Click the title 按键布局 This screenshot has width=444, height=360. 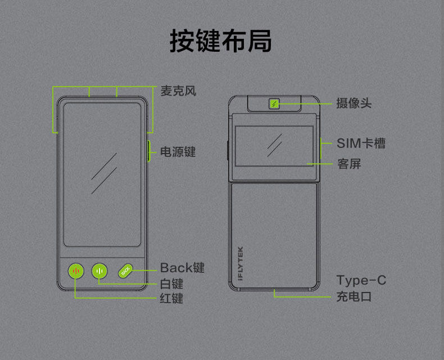[221, 41]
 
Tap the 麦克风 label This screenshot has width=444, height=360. [178, 91]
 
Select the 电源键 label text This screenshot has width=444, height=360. [178, 151]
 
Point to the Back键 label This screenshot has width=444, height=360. [182, 268]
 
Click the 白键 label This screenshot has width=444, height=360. [171, 284]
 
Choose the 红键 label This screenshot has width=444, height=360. [171, 298]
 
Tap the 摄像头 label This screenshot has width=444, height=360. [354, 103]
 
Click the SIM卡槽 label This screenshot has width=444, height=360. [361, 143]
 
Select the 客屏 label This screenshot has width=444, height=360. [349, 164]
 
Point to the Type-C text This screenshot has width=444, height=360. [361, 280]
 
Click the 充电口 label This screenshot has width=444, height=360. [354, 296]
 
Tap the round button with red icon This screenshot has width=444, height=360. [76, 271]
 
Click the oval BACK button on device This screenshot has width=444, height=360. [125, 271]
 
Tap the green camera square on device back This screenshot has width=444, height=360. [274, 103]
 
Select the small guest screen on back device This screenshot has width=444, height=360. [274, 145]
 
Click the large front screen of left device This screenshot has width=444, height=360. [102, 174]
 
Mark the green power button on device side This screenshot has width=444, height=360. [149, 151]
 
